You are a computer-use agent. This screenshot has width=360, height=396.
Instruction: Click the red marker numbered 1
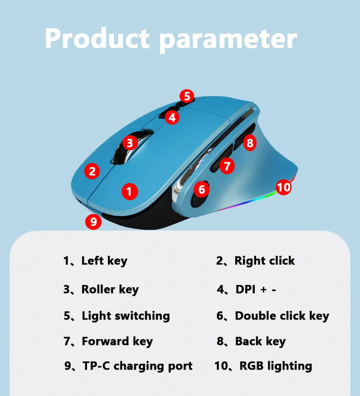[x=129, y=191]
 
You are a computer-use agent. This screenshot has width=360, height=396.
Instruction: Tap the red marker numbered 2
[x=93, y=171]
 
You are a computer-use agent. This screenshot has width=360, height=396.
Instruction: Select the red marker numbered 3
[x=130, y=143]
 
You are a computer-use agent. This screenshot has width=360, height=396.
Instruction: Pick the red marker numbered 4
[x=171, y=117]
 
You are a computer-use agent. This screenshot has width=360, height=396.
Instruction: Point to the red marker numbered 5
[x=186, y=96]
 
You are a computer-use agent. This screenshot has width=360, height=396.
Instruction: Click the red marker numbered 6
[x=202, y=189]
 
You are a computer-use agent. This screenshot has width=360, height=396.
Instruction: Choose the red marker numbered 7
[x=227, y=166]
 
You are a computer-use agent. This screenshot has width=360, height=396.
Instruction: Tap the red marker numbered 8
[x=249, y=143]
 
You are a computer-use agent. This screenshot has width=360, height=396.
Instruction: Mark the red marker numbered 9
[x=93, y=222]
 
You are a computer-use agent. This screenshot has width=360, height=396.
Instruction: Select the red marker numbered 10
[x=283, y=187]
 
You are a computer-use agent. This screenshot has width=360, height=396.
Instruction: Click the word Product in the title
[x=97, y=39]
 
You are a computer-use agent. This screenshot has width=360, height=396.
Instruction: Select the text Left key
[x=104, y=261]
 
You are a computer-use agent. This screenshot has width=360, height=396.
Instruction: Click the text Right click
[x=264, y=261]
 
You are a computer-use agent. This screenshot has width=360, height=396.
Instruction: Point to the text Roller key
[x=110, y=289]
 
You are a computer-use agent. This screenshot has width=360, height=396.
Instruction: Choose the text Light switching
[x=125, y=316]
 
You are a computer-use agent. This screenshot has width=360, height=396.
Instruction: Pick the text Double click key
[x=282, y=316]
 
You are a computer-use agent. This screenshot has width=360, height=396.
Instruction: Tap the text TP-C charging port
[x=137, y=366]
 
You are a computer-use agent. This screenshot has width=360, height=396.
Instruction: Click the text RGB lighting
[x=276, y=366]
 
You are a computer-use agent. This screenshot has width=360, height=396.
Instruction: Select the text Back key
[x=260, y=341]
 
